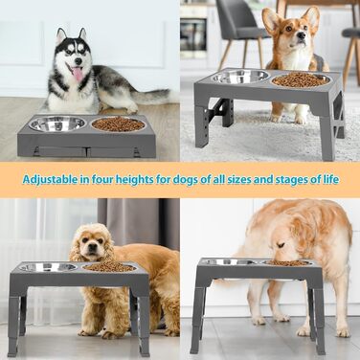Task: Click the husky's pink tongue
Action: pos(78,75)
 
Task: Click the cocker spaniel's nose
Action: pos(92,247)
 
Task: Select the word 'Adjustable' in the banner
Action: pos(50,180)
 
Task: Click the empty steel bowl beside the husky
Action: pos(57,124)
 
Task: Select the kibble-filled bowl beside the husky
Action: pos(118,124)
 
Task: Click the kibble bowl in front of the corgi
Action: pos(301,79)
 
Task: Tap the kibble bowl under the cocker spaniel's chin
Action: pos(109,267)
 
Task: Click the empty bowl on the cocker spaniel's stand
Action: pos(48,267)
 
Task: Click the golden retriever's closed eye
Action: pos(281,245)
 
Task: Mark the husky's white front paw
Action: pos(131,108)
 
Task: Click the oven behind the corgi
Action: pos(193,34)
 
